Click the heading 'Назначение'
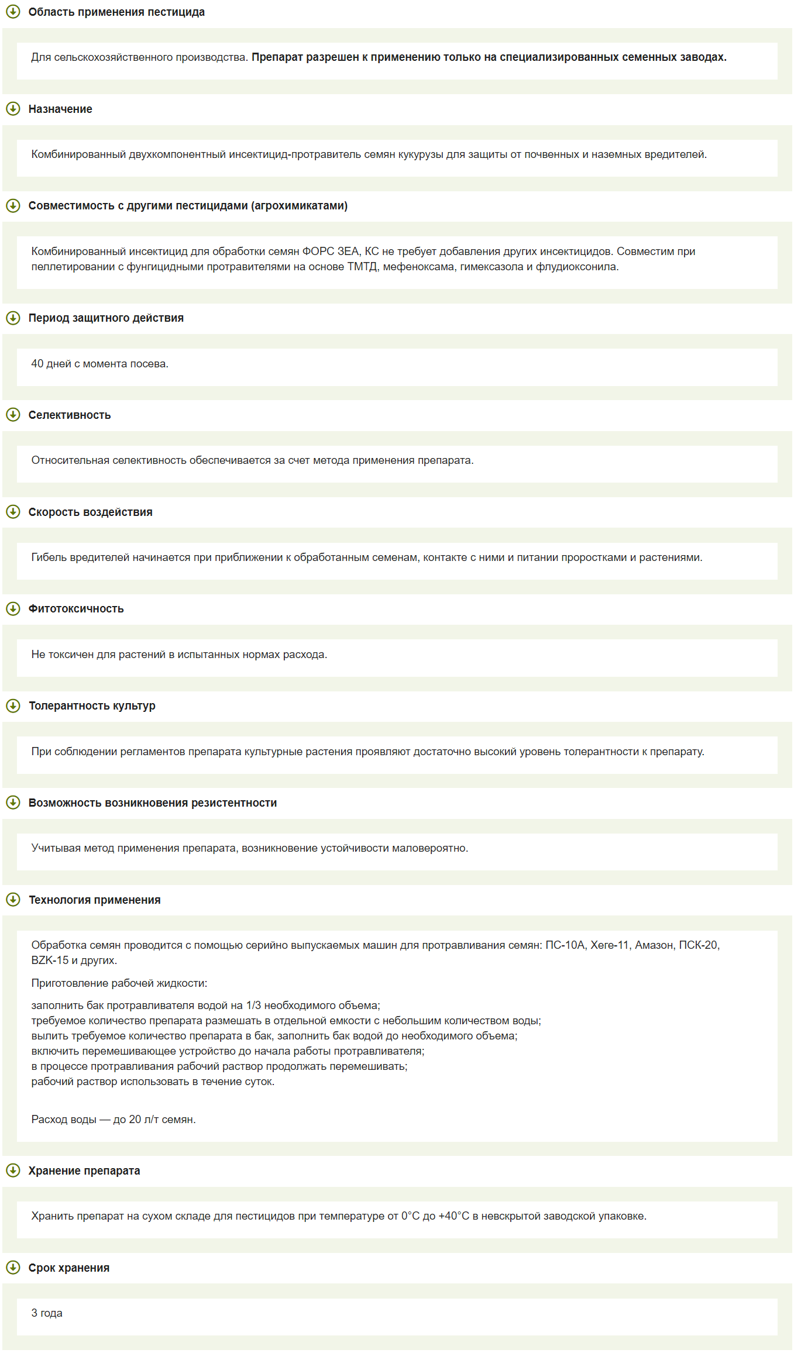(60, 109)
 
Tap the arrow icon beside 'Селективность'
(13, 415)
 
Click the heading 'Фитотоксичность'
(76, 608)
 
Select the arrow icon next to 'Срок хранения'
(13, 1267)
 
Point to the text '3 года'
(47, 1313)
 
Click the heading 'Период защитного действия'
(106, 318)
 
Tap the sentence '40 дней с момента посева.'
(99, 363)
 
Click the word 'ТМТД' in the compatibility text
(362, 267)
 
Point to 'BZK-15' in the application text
(50, 960)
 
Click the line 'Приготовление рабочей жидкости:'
(119, 983)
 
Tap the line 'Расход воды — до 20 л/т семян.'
(114, 1119)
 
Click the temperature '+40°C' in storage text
(453, 1216)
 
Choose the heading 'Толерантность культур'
(92, 705)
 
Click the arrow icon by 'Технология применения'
(13, 899)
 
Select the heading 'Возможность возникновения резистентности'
(153, 803)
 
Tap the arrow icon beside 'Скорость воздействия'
(13, 512)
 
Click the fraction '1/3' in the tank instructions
(253, 1005)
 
